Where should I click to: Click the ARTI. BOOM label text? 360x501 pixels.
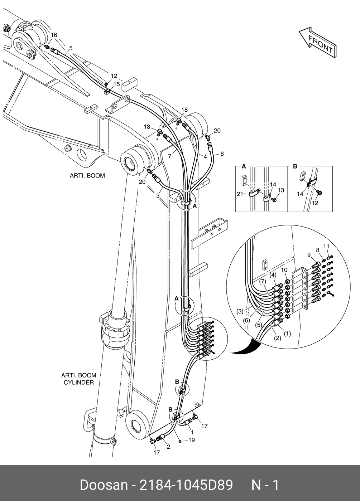[x=87, y=176]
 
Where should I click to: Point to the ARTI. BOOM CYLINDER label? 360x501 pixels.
[x=79, y=379]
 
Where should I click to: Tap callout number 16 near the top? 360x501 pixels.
[x=54, y=35]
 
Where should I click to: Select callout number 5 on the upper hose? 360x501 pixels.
[x=71, y=48]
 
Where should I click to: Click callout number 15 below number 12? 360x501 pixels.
[x=117, y=84]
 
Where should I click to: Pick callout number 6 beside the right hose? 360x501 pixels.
[x=222, y=154]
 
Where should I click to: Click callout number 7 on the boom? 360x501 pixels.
[x=171, y=155]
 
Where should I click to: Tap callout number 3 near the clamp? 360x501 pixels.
[x=158, y=195]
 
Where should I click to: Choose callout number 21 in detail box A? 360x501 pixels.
[x=240, y=194]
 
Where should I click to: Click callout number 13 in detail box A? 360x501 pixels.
[x=281, y=190]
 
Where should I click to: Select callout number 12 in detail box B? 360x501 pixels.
[x=315, y=203]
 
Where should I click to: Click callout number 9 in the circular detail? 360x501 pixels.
[x=309, y=254]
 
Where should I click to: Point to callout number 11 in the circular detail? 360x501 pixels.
[x=326, y=246]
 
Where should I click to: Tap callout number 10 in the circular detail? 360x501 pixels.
[x=284, y=270]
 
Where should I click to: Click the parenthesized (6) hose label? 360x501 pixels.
[x=247, y=321]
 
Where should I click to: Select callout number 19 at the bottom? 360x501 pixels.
[x=192, y=440]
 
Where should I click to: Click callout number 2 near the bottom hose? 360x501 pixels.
[x=168, y=447]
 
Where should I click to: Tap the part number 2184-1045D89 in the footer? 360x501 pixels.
[x=186, y=485]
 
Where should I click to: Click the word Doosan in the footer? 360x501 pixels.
[x=104, y=485]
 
